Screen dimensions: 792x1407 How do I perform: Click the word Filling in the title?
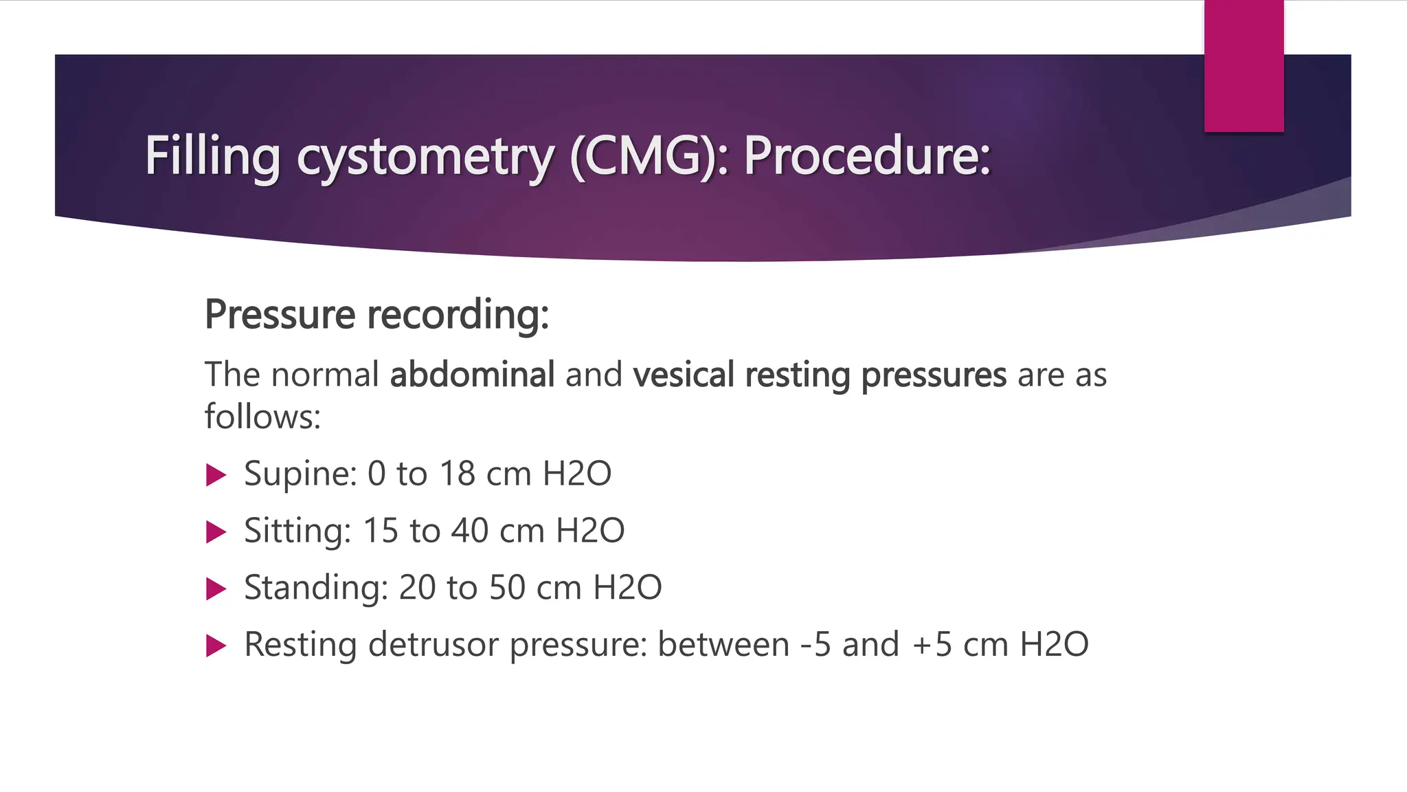(212, 156)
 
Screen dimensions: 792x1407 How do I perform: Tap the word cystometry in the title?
(425, 157)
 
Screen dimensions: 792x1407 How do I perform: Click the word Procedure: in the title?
(867, 156)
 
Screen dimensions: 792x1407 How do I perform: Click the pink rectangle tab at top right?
(1243, 65)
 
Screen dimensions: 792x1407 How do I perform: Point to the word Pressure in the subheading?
(280, 315)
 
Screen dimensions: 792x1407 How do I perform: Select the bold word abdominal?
(472, 375)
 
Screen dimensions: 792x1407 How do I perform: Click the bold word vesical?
(684, 375)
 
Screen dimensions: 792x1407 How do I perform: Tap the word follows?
(263, 417)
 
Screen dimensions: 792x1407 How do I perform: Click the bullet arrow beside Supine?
(216, 475)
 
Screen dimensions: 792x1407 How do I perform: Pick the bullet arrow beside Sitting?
(216, 532)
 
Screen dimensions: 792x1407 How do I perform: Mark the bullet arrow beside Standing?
(216, 589)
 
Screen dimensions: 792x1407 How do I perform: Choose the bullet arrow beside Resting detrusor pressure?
(216, 646)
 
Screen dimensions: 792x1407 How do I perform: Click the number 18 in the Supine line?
(457, 474)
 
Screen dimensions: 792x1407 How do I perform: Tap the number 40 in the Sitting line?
(470, 531)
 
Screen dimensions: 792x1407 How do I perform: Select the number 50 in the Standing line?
(507, 588)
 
